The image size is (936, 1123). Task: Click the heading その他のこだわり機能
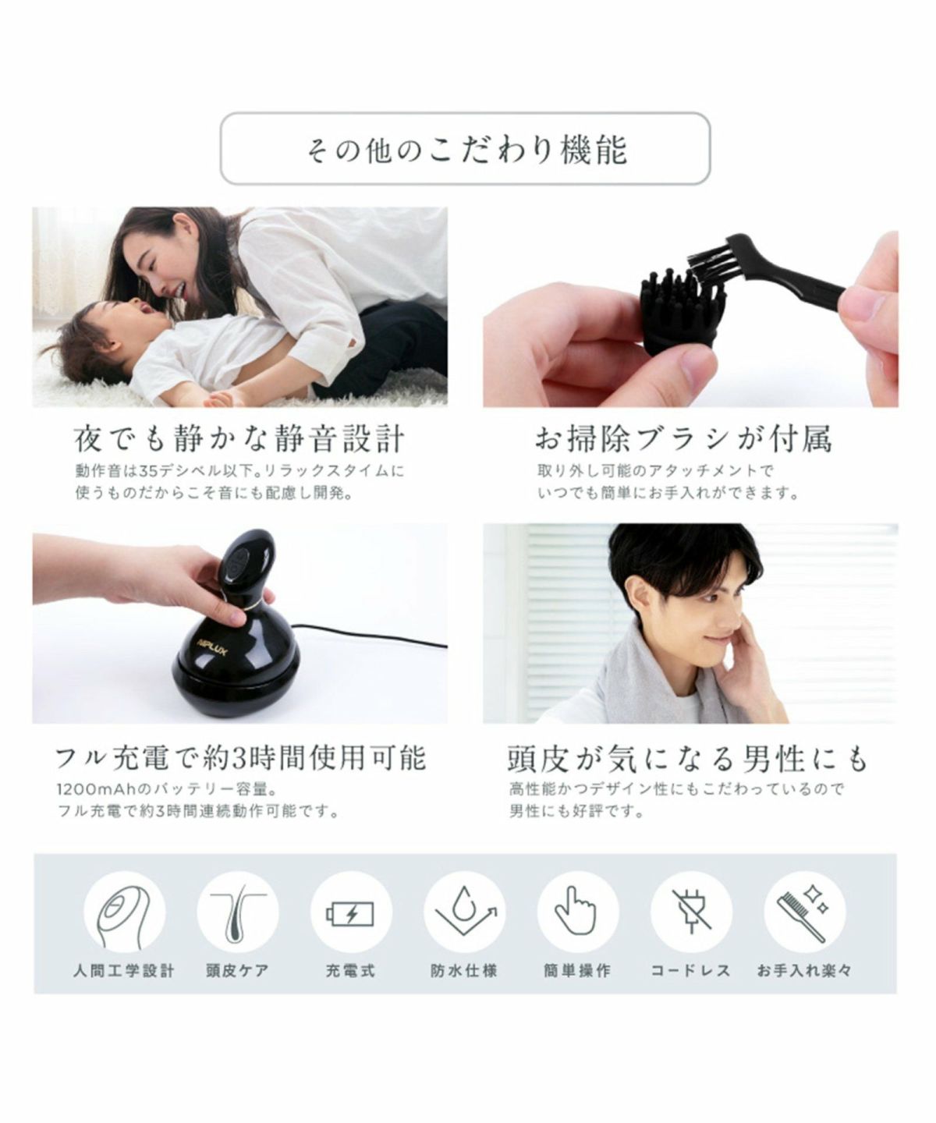click(x=466, y=150)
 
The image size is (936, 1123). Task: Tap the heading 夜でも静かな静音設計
click(x=239, y=438)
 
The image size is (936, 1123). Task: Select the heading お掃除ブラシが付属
click(x=683, y=438)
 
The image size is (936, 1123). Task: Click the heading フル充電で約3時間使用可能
click(x=240, y=758)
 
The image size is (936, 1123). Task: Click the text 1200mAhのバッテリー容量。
click(x=167, y=789)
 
